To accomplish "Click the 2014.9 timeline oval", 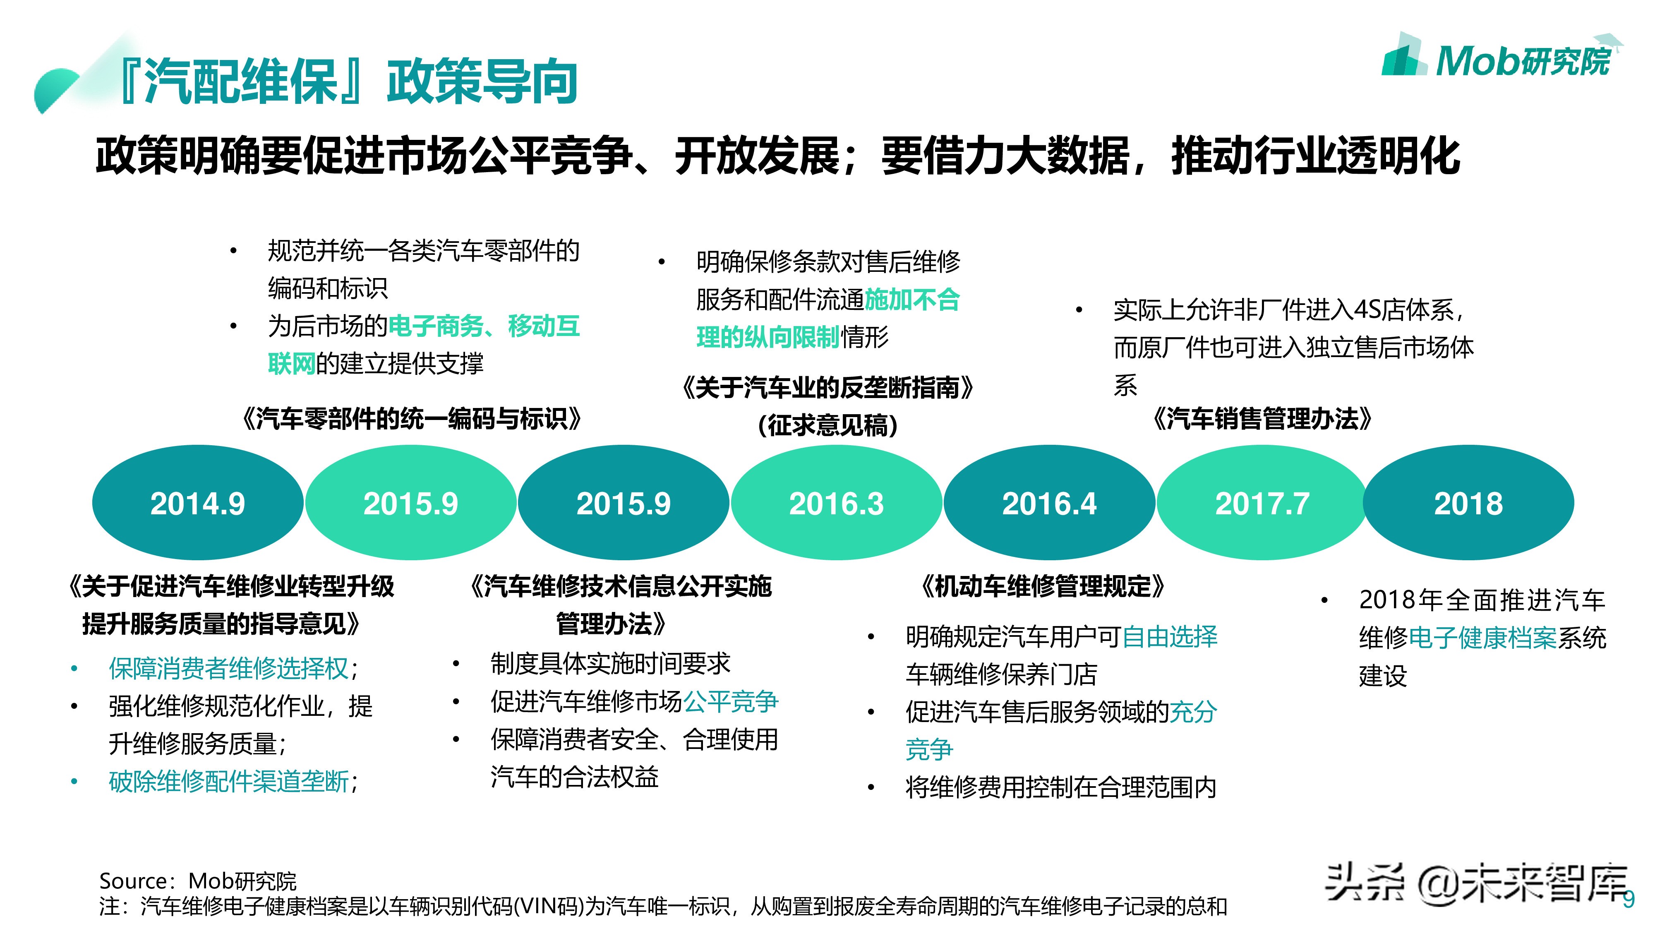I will click(x=197, y=503).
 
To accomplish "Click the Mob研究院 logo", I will click(x=1497, y=60).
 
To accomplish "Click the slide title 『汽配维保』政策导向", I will click(x=348, y=82).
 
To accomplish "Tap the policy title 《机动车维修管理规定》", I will click(x=1042, y=586).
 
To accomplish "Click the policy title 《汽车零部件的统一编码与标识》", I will click(x=411, y=419).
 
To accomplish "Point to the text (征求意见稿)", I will click(x=827, y=425).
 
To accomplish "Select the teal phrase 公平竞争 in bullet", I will click(x=731, y=701).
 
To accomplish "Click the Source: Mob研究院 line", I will click(x=198, y=880).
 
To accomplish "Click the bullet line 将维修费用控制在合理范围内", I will click(x=1060, y=787).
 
